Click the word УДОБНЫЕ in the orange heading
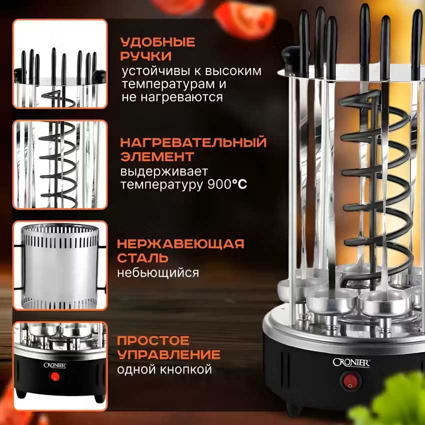pyautogui.click(x=157, y=42)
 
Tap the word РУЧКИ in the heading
pyautogui.click(x=146, y=56)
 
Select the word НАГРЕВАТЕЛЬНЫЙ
pyautogui.click(x=193, y=142)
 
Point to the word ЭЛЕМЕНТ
pyautogui.click(x=157, y=156)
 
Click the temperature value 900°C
pyautogui.click(x=227, y=184)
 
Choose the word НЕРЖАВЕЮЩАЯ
pyautogui.click(x=181, y=243)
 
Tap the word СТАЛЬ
pyautogui.click(x=142, y=258)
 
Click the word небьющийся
pyautogui.click(x=158, y=273)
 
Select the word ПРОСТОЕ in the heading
pyautogui.click(x=153, y=340)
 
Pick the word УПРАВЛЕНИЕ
pyautogui.click(x=168, y=354)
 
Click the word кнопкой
pyautogui.click(x=186, y=369)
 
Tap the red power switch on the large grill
pyautogui.click(x=350, y=380)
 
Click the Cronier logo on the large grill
pyautogui.click(x=351, y=362)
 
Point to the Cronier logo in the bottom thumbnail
pyautogui.click(x=55, y=365)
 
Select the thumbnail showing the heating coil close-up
pyautogui.click(x=60, y=164)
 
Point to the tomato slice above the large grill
pyautogui.click(x=245, y=17)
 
